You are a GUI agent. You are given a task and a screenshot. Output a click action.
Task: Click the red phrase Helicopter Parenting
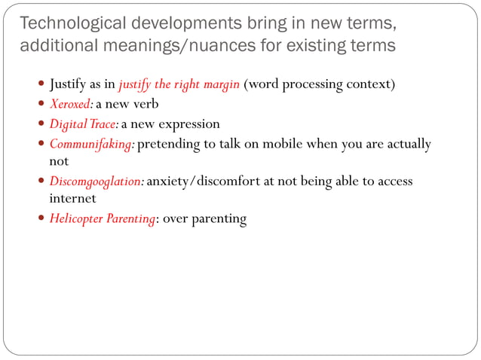pyautogui.click(x=102, y=219)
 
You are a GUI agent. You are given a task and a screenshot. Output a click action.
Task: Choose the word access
pyautogui.click(x=394, y=182)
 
